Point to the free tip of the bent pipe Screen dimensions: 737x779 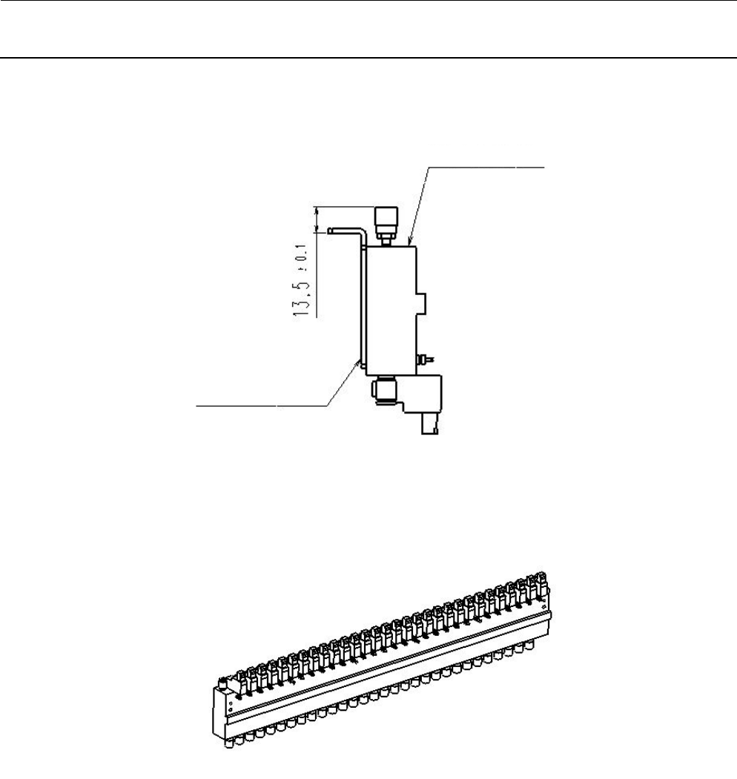pos(331,231)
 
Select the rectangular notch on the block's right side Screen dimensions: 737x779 pos(423,302)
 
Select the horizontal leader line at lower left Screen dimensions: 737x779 pos(260,405)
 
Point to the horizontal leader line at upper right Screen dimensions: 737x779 pos(486,168)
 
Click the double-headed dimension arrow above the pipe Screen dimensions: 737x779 pos(318,218)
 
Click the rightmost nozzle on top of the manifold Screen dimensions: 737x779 pos(543,581)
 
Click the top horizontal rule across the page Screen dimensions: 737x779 pos(368,1)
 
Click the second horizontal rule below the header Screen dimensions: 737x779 pos(368,58)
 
